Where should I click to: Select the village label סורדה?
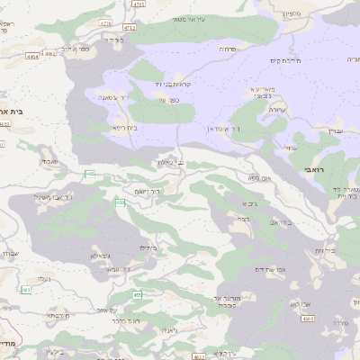339,322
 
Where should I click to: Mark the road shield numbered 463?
26,289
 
